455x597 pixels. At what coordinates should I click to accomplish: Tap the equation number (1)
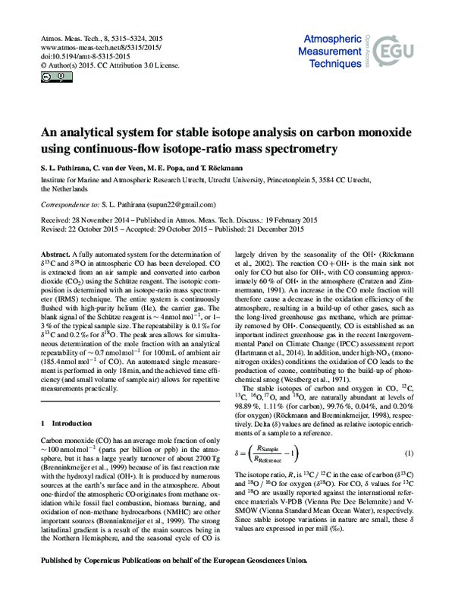pyautogui.click(x=408, y=453)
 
